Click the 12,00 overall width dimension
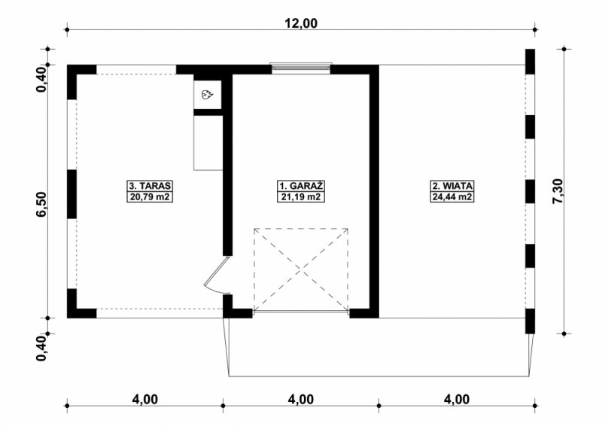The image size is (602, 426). pyautogui.click(x=301, y=23)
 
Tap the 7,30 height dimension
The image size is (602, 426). pyautogui.click(x=558, y=191)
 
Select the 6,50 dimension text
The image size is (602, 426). pyautogui.click(x=41, y=205)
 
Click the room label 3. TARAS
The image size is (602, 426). pyautogui.click(x=150, y=186)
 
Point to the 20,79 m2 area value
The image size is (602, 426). pyautogui.click(x=150, y=197)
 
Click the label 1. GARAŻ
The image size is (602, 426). pyautogui.click(x=300, y=186)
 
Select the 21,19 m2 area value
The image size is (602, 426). pyautogui.click(x=300, y=197)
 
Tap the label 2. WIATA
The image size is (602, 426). pyautogui.click(x=452, y=186)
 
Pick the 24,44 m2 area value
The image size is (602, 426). pyautogui.click(x=452, y=197)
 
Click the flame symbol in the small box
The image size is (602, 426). pyautogui.click(x=208, y=95)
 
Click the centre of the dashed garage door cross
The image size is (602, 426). pyautogui.click(x=301, y=269)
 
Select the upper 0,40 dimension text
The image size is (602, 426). pyautogui.click(x=41, y=79)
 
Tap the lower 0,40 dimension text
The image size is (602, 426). pyautogui.click(x=41, y=348)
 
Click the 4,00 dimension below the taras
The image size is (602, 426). pyautogui.click(x=145, y=400)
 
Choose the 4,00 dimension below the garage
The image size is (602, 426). pyautogui.click(x=301, y=400)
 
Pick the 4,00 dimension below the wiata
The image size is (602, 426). pyautogui.click(x=457, y=400)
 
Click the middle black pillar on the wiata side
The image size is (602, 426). pyautogui.click(x=531, y=191)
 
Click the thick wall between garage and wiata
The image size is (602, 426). pyautogui.click(x=374, y=191)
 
